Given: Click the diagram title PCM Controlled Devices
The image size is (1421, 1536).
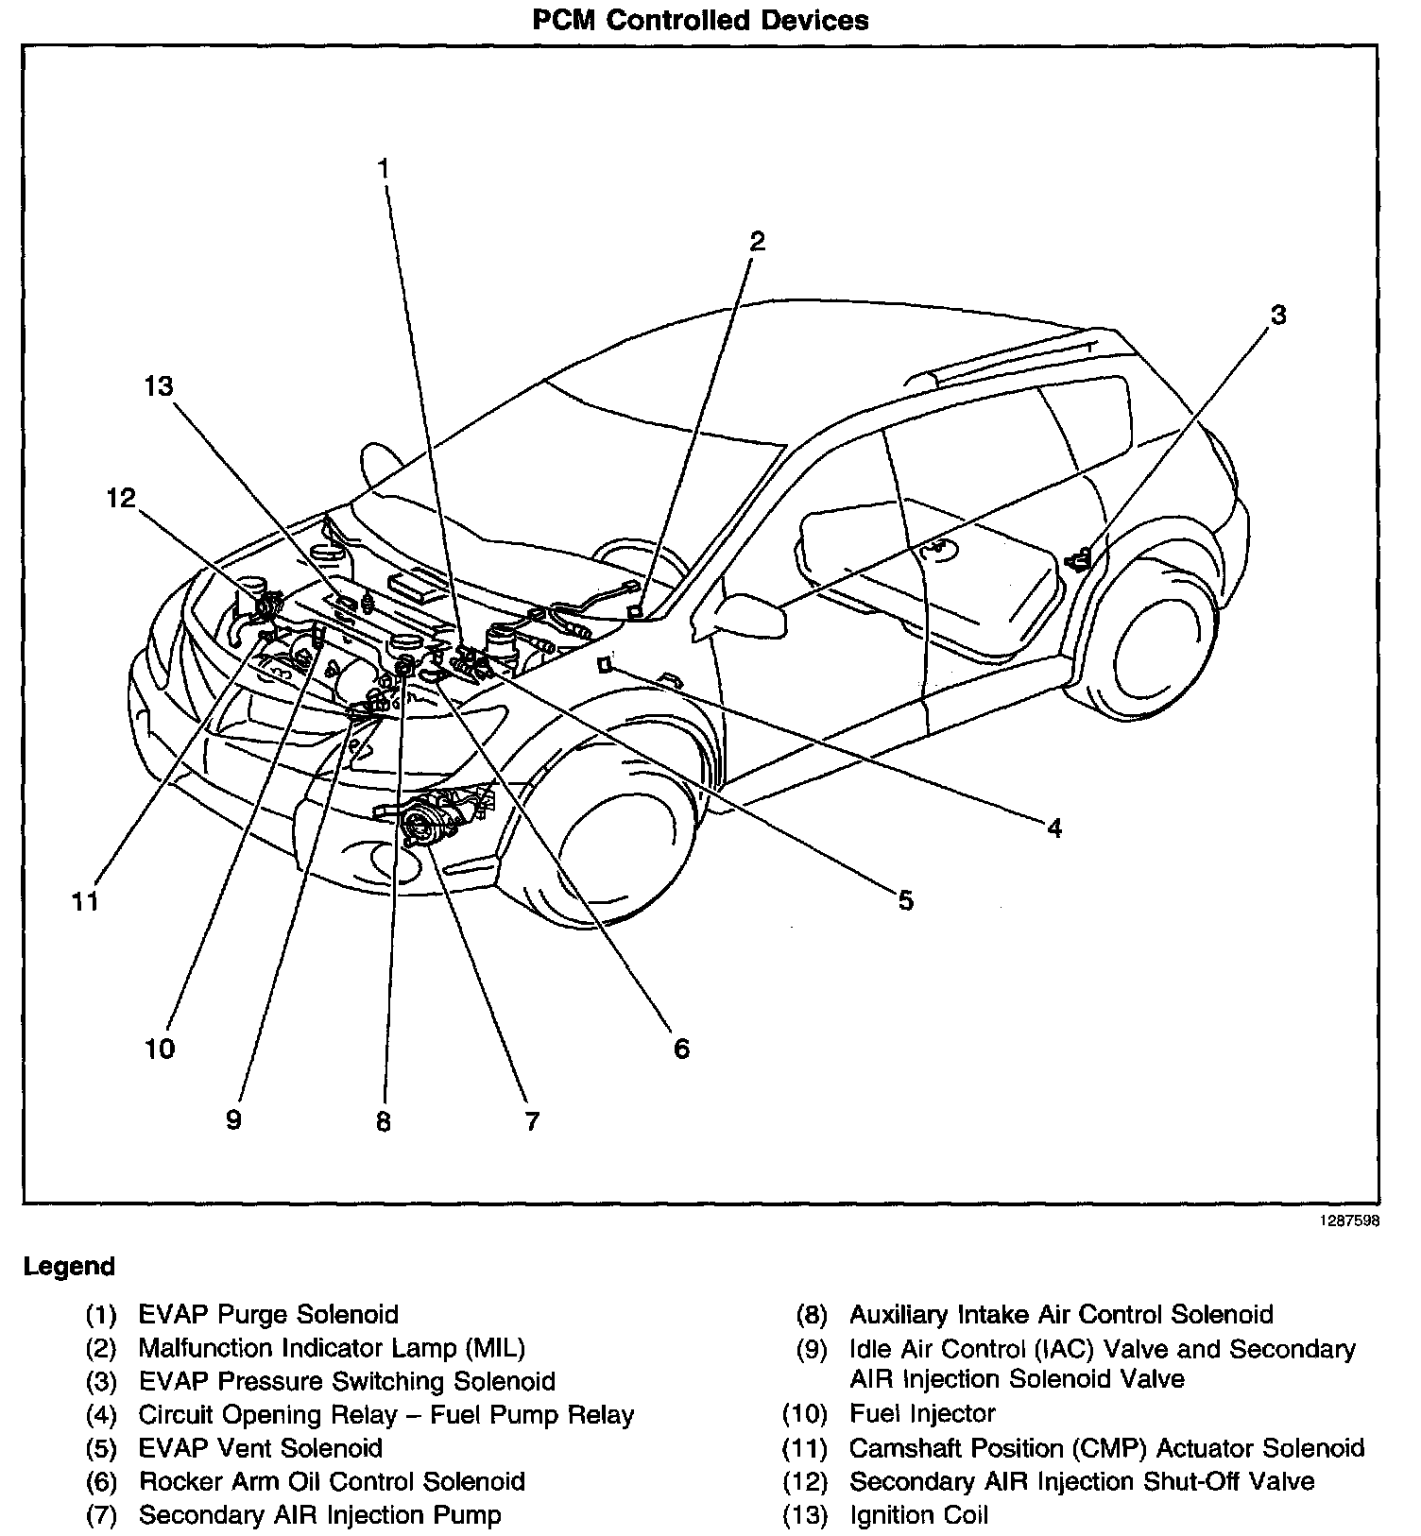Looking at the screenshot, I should pos(700,21).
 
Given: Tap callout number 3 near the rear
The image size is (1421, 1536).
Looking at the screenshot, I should pos(1277,315).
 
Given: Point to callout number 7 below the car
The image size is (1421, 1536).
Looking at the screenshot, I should pos(532,1121).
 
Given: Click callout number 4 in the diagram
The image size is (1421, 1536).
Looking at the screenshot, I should pos(1054,828).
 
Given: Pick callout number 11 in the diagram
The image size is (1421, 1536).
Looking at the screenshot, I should pos(85,901).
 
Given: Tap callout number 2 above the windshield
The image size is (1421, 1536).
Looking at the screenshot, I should pos(757,241).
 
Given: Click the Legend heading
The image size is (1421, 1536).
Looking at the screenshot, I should pos(69,1266).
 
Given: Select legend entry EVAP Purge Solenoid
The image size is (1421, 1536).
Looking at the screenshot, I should pos(268,1314).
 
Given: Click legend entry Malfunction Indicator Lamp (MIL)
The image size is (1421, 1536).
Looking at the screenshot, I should pos(331,1348).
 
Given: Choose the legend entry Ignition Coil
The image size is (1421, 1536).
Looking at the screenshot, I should pos(918,1515).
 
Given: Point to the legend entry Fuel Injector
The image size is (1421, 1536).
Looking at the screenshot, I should pos(922,1413).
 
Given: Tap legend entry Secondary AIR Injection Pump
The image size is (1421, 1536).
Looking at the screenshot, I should pos(319,1515).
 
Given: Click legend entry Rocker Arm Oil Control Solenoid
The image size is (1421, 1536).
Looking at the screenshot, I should pos(332,1481).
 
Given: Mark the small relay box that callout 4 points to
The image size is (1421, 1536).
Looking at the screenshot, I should pos(605,666).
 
